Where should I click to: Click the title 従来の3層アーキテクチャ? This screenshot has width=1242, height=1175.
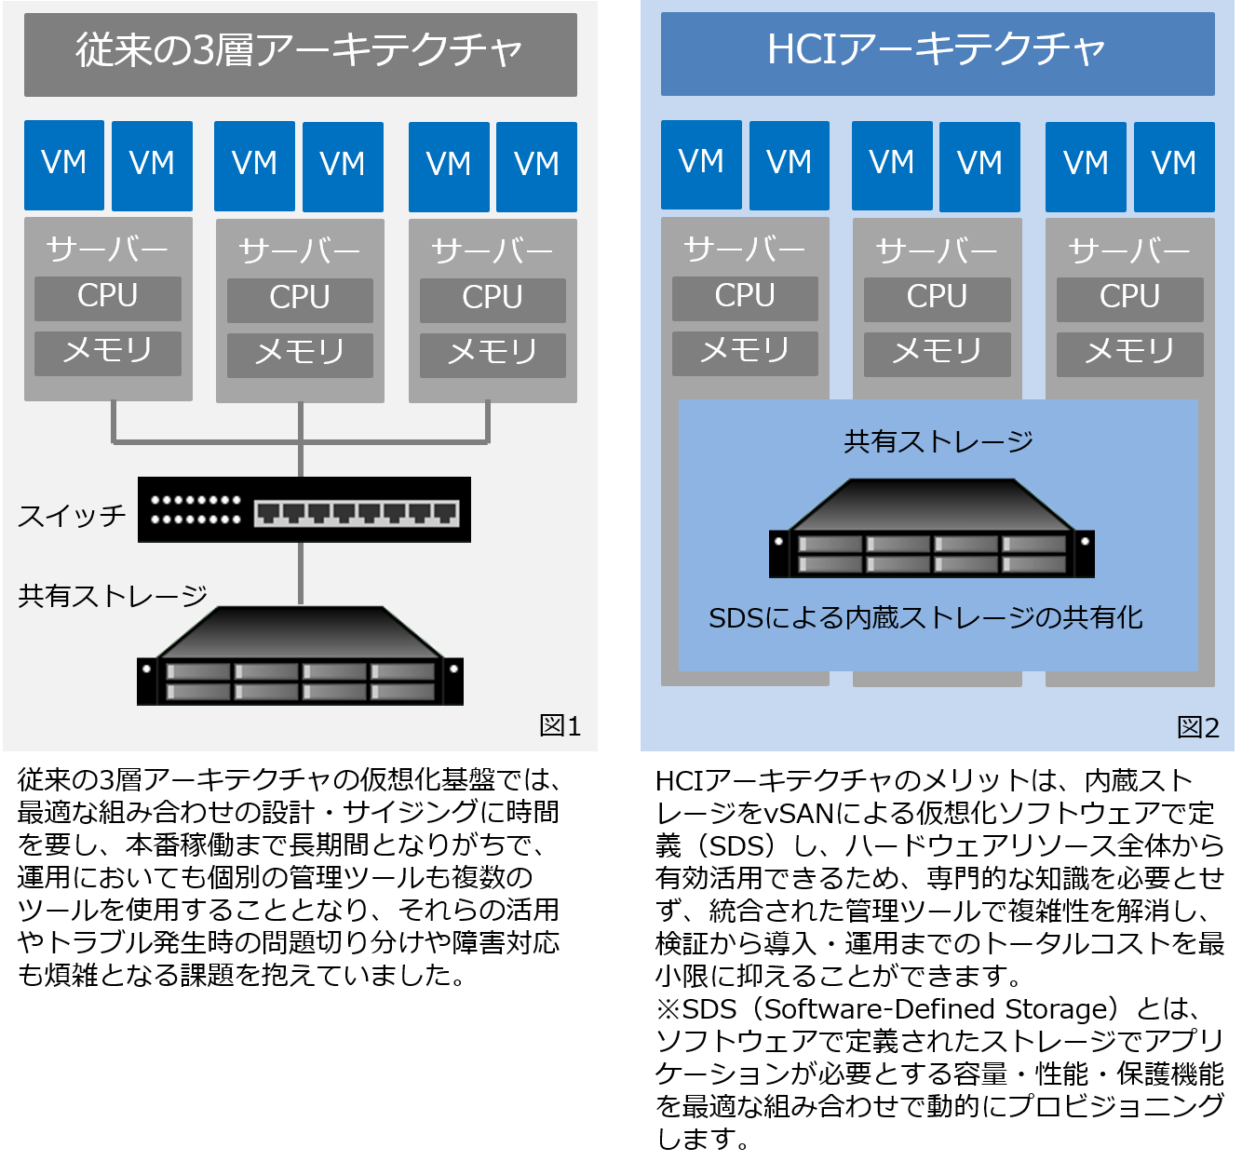(x=300, y=51)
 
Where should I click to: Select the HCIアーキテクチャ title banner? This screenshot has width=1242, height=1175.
(x=937, y=51)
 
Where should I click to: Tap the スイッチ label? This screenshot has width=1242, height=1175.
(x=72, y=515)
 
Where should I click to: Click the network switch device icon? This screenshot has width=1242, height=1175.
(x=304, y=509)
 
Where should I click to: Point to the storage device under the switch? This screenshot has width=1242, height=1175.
(x=300, y=656)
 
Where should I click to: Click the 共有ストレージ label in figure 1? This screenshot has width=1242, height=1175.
(x=113, y=596)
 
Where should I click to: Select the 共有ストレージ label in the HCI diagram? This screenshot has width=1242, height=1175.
(x=938, y=441)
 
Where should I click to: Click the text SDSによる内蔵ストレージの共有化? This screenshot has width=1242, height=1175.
(x=925, y=618)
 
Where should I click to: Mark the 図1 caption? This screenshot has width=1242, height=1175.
(x=560, y=725)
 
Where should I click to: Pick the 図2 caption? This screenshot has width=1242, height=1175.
(x=1197, y=727)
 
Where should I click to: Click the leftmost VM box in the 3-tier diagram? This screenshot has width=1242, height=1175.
(x=64, y=165)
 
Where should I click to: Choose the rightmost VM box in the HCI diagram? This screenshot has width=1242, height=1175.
(x=1174, y=166)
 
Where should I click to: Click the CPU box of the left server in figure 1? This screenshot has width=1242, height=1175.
(x=108, y=297)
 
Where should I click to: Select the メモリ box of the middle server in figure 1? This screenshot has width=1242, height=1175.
(x=300, y=354)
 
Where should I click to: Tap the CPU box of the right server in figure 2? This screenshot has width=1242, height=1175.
(x=1129, y=298)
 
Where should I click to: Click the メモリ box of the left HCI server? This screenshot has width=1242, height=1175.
(x=745, y=352)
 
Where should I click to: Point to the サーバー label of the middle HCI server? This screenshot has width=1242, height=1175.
(x=937, y=250)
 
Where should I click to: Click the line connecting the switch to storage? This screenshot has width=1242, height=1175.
(x=301, y=573)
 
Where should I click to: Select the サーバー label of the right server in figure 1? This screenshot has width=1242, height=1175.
(x=493, y=250)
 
